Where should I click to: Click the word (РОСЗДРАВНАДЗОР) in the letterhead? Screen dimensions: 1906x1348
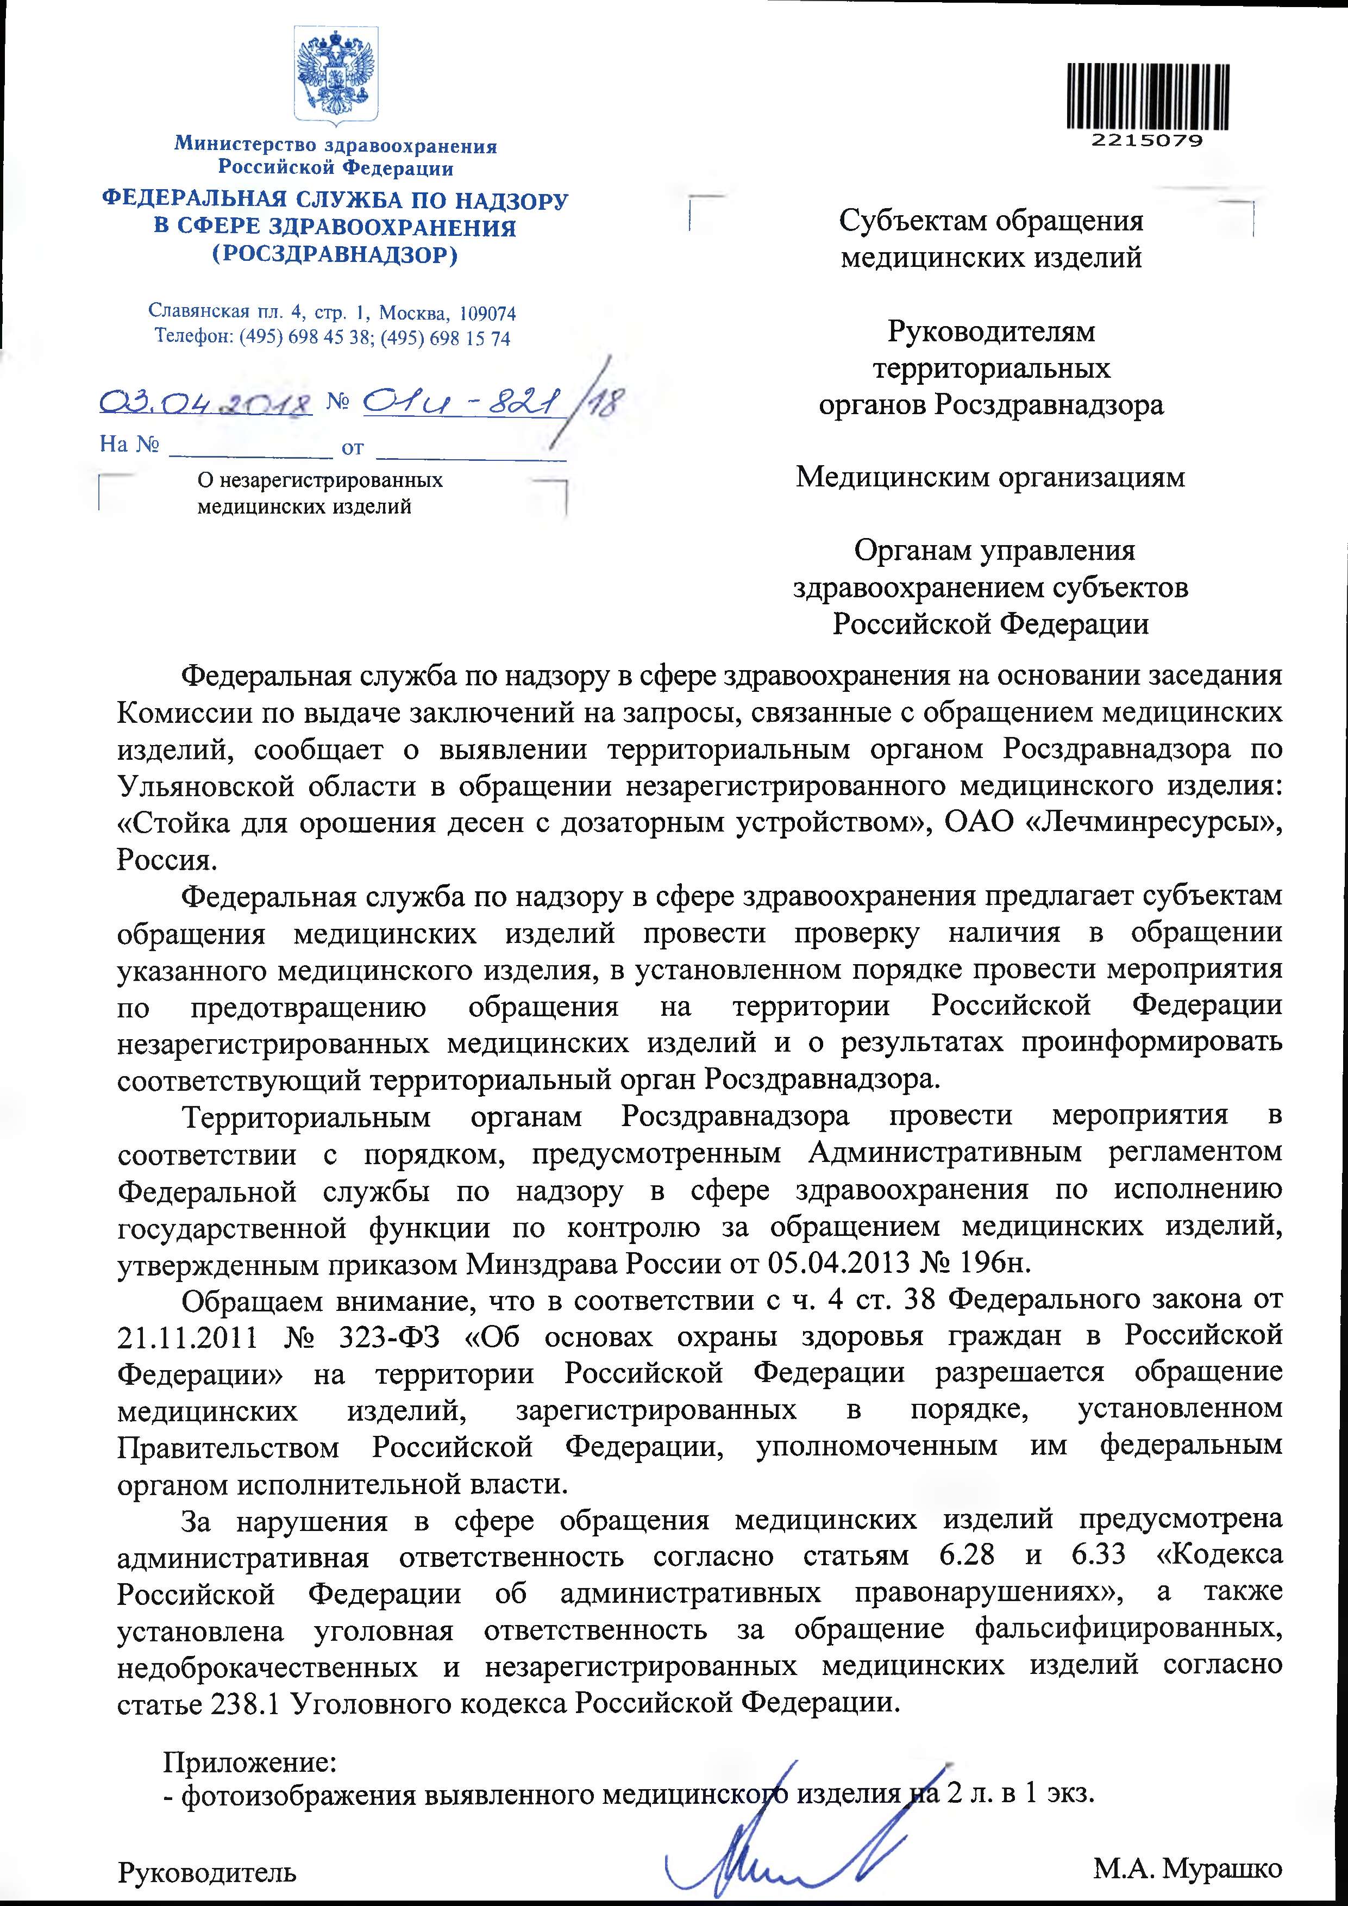pyautogui.click(x=335, y=255)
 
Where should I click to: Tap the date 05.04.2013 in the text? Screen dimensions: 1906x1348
pyautogui.click(x=845, y=1265)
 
